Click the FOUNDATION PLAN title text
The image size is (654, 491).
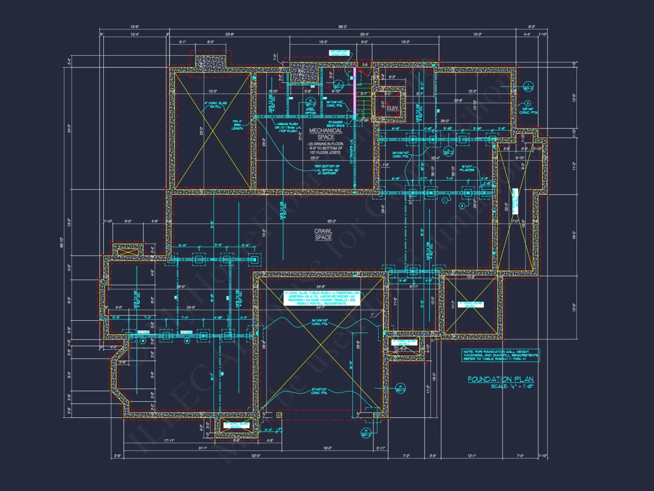500,379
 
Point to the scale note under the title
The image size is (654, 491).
512,387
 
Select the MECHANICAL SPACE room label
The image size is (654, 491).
326,134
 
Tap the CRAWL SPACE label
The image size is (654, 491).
323,234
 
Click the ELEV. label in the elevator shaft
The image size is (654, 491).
392,108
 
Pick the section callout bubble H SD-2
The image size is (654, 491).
400,388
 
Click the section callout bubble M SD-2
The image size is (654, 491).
366,433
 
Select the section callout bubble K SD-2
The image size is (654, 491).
310,102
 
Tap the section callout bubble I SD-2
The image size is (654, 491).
528,86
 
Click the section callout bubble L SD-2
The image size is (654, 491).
448,151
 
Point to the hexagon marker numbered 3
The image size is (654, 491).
527,103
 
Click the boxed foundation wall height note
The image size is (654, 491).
500,355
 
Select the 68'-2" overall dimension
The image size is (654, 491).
342,27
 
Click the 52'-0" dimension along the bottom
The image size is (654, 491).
256,456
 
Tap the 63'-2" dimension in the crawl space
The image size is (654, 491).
332,221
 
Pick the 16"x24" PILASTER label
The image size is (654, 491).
467,168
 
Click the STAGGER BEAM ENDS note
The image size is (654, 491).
336,124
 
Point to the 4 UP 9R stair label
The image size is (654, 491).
362,120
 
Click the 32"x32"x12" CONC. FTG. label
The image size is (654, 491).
319,391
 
